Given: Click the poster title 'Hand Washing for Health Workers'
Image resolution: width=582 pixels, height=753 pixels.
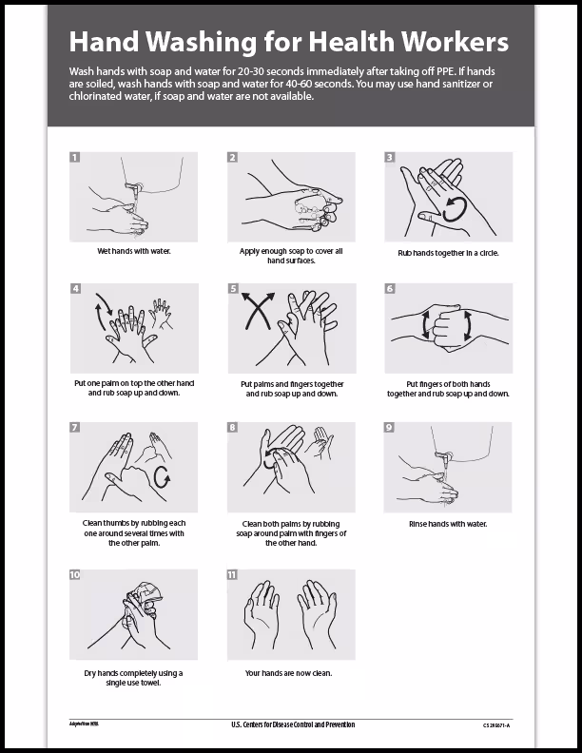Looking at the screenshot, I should click(x=289, y=42).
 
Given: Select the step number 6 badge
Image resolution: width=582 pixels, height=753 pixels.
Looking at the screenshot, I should click(x=389, y=288).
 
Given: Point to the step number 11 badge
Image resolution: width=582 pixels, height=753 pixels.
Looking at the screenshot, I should click(x=232, y=575).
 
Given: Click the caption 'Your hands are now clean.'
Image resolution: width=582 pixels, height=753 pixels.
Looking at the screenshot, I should click(x=290, y=673).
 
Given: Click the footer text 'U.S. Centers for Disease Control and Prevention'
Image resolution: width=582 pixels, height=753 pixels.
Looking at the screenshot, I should click(x=292, y=724).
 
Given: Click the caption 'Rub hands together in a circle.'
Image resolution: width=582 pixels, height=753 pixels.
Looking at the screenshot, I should click(x=448, y=253).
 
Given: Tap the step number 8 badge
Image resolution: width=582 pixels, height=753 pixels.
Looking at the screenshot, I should click(x=232, y=427).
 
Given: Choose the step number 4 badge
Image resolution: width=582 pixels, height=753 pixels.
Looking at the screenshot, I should click(x=76, y=288).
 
